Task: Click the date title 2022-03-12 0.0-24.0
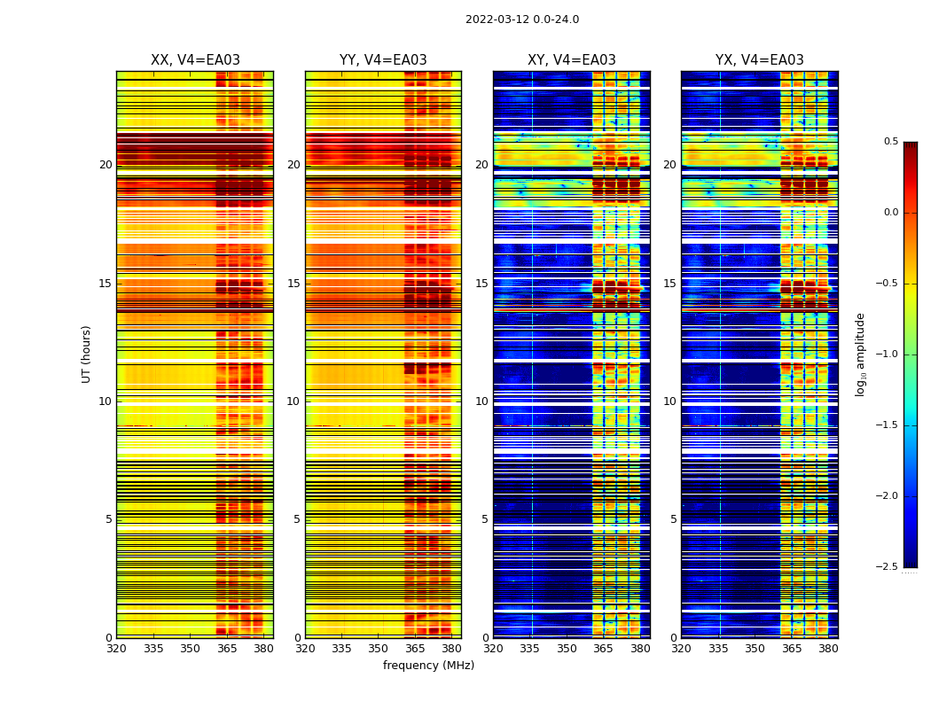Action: [522, 19]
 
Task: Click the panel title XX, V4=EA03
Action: [195, 60]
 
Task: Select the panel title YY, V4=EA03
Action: [383, 60]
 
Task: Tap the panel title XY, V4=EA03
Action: [572, 60]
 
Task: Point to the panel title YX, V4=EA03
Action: [760, 60]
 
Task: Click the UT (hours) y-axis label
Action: [86, 354]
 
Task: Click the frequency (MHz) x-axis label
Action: [428, 666]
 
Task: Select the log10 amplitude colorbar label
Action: [859, 354]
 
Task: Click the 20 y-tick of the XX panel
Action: [106, 165]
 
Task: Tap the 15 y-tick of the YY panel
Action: [293, 284]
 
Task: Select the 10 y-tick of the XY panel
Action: [481, 401]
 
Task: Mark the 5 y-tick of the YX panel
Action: [673, 519]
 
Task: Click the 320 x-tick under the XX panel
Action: [116, 648]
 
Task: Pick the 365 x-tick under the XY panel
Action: [604, 648]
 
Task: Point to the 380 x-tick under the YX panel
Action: [828, 648]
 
